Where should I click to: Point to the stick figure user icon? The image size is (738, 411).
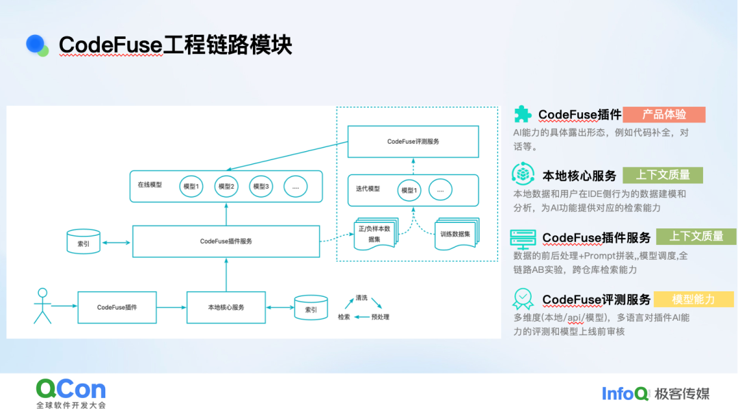(x=42, y=306)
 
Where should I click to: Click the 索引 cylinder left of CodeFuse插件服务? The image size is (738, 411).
(x=83, y=241)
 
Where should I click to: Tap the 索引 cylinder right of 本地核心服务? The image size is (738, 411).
(x=311, y=308)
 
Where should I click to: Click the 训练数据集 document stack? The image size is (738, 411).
(x=456, y=233)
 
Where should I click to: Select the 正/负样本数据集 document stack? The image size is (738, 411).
(x=376, y=233)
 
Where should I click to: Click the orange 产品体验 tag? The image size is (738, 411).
(x=664, y=114)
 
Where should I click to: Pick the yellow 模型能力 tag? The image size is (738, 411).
(x=694, y=299)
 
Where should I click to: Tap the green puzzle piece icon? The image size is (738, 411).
(x=523, y=114)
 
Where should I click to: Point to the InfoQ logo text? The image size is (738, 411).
(x=625, y=394)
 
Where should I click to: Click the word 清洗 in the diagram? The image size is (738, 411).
(x=361, y=297)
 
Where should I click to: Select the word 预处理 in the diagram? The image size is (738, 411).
(x=381, y=317)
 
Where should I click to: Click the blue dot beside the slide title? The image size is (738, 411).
(x=36, y=44)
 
